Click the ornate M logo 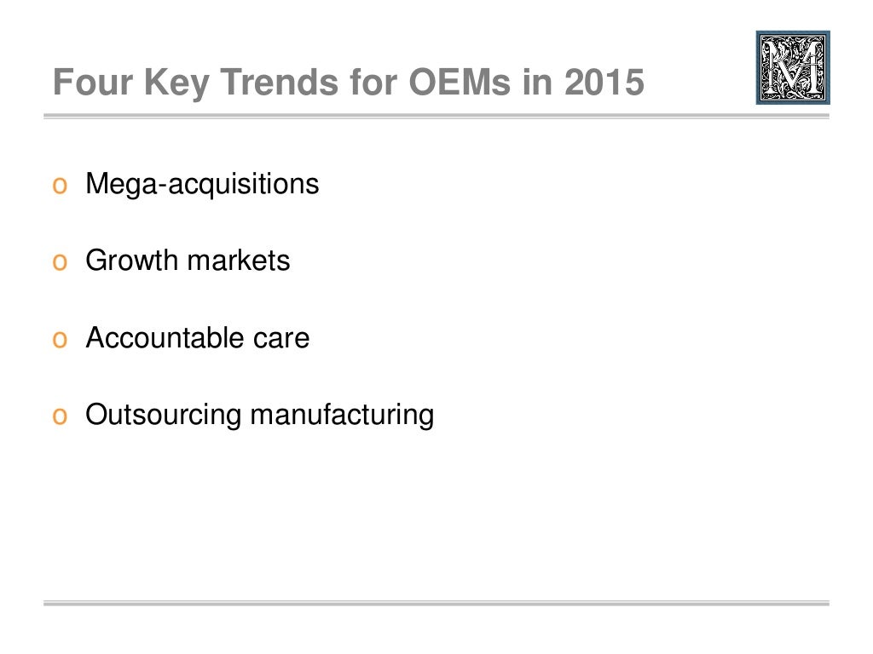(x=793, y=68)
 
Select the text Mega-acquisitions (x=202, y=184)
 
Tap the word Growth (x=131, y=261)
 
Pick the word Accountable (x=163, y=338)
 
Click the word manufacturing (x=342, y=416)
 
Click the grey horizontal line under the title (x=436, y=115)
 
